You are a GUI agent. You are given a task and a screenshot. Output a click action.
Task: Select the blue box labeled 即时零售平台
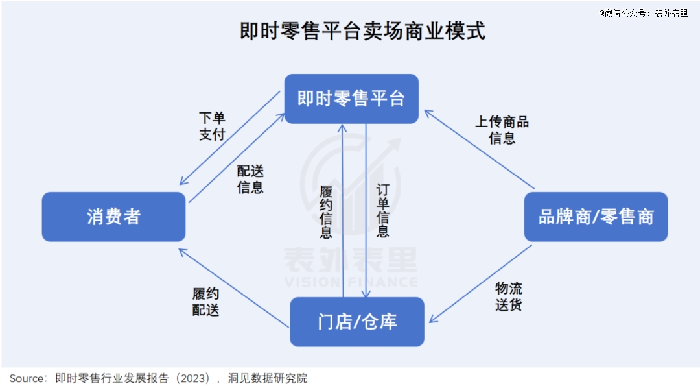(x=351, y=99)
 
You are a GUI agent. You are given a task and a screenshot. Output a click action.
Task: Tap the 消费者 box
(x=113, y=217)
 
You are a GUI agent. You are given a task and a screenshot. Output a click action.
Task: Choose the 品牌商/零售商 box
(x=596, y=217)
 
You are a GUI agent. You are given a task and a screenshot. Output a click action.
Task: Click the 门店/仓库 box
(x=357, y=322)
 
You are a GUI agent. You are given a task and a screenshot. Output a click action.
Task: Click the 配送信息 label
(x=250, y=180)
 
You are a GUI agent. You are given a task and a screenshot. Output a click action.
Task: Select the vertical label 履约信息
(x=326, y=211)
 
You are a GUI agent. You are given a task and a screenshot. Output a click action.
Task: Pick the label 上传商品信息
(x=502, y=130)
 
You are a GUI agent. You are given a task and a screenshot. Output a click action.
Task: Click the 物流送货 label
(x=509, y=296)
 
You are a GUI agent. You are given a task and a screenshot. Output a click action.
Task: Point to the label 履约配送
(x=206, y=302)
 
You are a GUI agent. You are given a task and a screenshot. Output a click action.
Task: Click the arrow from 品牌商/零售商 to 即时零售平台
(x=480, y=150)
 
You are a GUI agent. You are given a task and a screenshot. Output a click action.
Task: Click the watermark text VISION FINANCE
(x=351, y=282)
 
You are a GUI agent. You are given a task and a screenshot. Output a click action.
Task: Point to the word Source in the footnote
(x=27, y=378)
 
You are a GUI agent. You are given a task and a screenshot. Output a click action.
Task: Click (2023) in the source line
(x=192, y=378)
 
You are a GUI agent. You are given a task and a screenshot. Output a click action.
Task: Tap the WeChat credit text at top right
(x=643, y=12)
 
